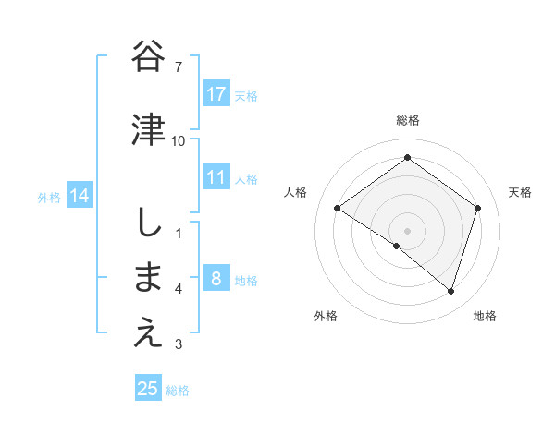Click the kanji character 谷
point(149,57)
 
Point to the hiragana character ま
point(149,278)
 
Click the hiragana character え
point(149,334)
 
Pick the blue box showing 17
point(216,94)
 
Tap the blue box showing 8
point(216,279)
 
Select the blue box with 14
point(80,196)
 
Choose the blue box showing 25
point(148,389)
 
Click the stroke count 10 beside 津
point(179,140)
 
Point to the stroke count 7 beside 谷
point(179,66)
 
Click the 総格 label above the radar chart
point(407,120)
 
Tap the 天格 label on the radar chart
point(520,192)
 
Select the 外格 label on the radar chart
point(326,316)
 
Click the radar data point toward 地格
point(450,291)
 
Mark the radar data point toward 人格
point(337,209)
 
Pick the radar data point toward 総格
point(407,158)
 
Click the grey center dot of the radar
point(407,230)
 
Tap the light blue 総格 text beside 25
point(178,391)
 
